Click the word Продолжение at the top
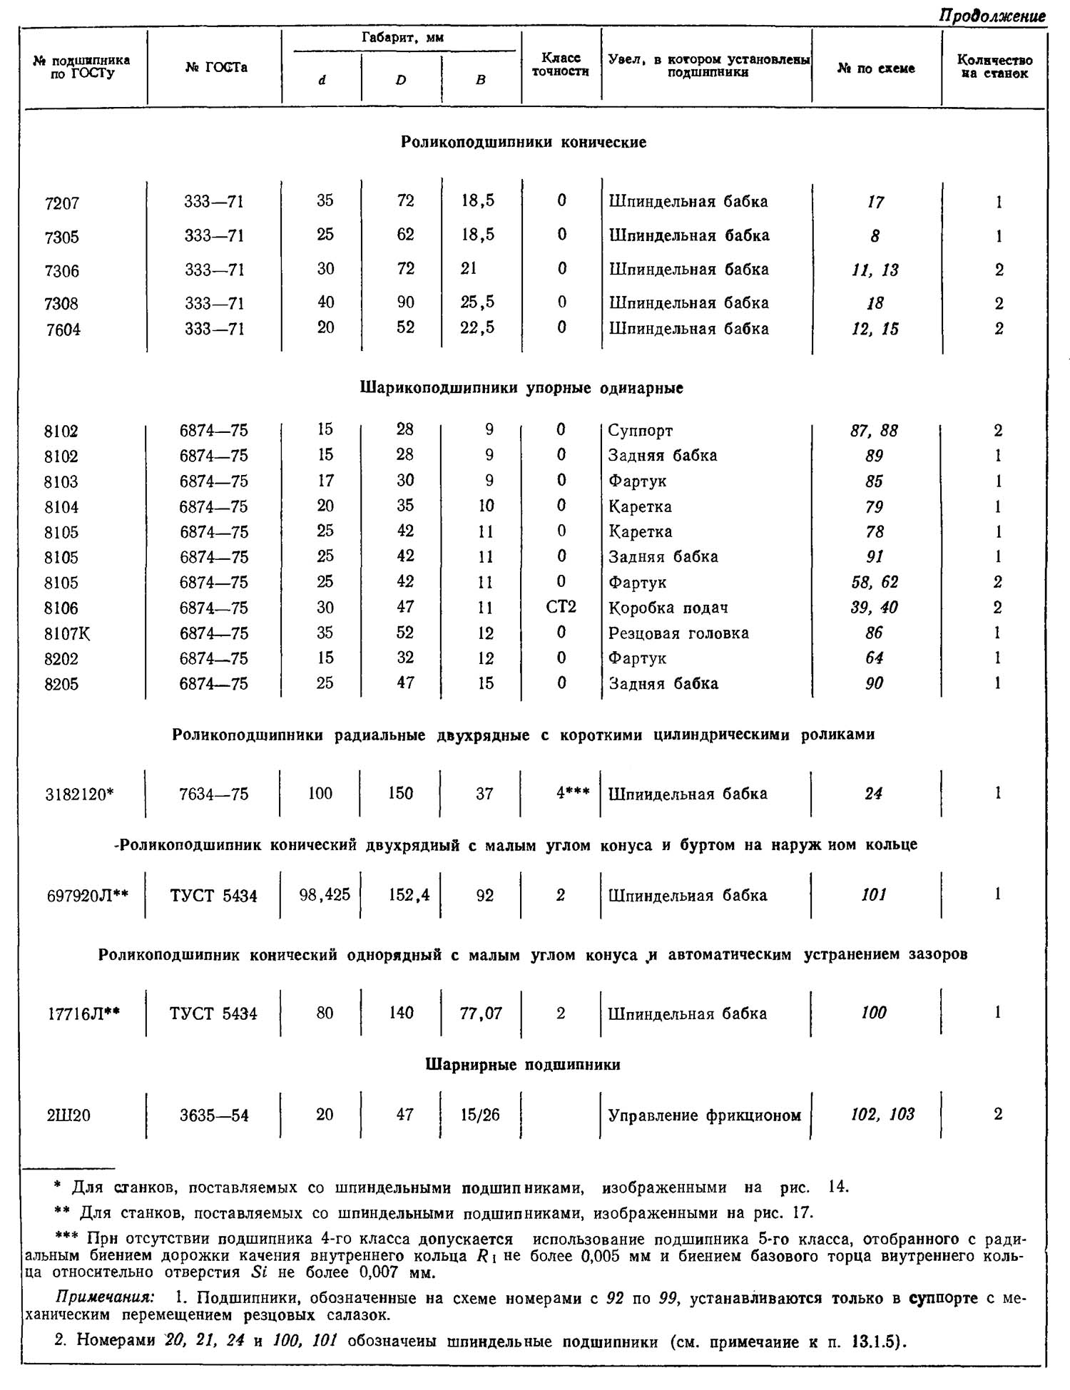tap(992, 16)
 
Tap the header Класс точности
tap(561, 64)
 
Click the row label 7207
tap(61, 203)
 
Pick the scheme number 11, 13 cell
tap(875, 270)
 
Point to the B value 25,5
tap(477, 302)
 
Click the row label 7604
tap(63, 329)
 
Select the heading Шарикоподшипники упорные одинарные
tap(522, 388)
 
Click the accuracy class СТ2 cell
tap(561, 607)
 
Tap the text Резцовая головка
tap(678, 633)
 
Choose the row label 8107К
tap(67, 633)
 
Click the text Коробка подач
tap(668, 608)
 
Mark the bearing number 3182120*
tap(79, 794)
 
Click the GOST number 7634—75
tap(214, 794)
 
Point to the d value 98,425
tap(325, 894)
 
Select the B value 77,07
tap(481, 1013)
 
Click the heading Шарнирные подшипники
tap(523, 1065)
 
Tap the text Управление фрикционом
tap(704, 1115)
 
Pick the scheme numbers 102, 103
tap(882, 1115)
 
